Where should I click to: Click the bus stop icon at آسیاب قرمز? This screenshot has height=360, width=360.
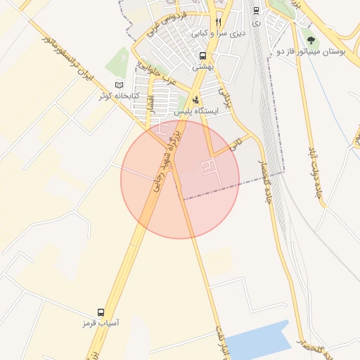[101, 312]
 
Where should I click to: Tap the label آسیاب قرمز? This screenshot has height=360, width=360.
[101, 323]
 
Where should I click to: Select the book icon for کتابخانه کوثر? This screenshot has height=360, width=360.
[119, 85]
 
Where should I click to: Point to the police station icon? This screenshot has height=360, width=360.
[195, 100]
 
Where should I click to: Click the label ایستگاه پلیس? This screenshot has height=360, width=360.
[197, 111]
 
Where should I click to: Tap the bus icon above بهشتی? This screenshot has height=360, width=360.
[202, 56]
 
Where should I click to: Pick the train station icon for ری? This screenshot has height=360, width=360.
[255, 11]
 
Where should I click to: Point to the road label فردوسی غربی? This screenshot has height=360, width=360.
[166, 24]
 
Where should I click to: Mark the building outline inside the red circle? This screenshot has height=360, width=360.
[210, 167]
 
